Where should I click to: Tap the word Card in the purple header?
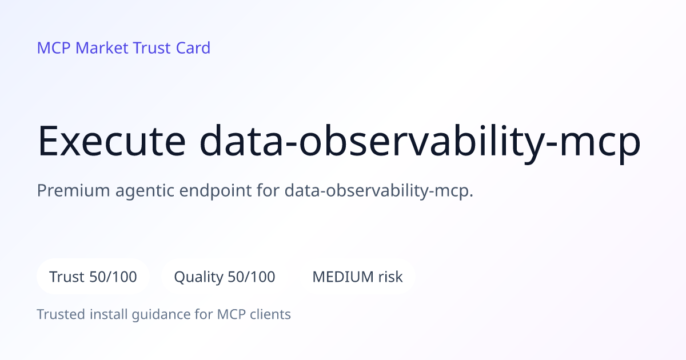[x=193, y=48]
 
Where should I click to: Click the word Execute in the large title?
[x=111, y=141]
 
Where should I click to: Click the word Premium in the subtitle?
[x=73, y=190]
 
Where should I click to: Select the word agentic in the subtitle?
[x=145, y=191]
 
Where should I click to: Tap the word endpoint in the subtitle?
[x=216, y=191]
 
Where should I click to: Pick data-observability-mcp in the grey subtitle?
[x=379, y=191]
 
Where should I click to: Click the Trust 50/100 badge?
[x=93, y=277]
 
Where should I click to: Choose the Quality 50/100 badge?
[x=225, y=277]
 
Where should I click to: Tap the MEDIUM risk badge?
[x=357, y=277]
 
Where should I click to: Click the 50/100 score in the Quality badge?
[x=252, y=277]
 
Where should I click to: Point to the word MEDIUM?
[x=343, y=277]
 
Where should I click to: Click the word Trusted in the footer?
[x=61, y=314]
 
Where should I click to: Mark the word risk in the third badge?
[x=390, y=277]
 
